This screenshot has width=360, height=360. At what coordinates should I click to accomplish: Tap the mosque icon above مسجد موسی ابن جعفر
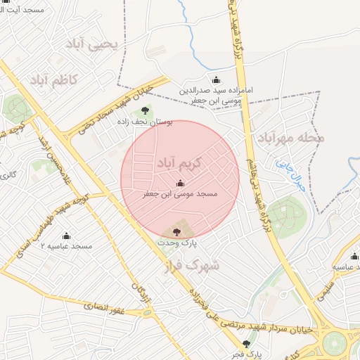(177, 184)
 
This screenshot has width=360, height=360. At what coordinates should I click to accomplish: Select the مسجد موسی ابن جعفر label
(181, 193)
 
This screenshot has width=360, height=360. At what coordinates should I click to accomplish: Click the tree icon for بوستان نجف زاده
(145, 110)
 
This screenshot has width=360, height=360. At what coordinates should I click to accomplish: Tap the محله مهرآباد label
(290, 139)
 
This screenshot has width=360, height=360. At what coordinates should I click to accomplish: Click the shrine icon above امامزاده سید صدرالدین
(215, 79)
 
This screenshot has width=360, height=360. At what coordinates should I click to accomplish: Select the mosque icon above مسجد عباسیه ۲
(67, 236)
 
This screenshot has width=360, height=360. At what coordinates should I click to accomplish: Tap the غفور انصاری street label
(104, 308)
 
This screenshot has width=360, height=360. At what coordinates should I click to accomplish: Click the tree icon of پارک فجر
(245, 344)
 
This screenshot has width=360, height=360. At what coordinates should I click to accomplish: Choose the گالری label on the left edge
(8, 174)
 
